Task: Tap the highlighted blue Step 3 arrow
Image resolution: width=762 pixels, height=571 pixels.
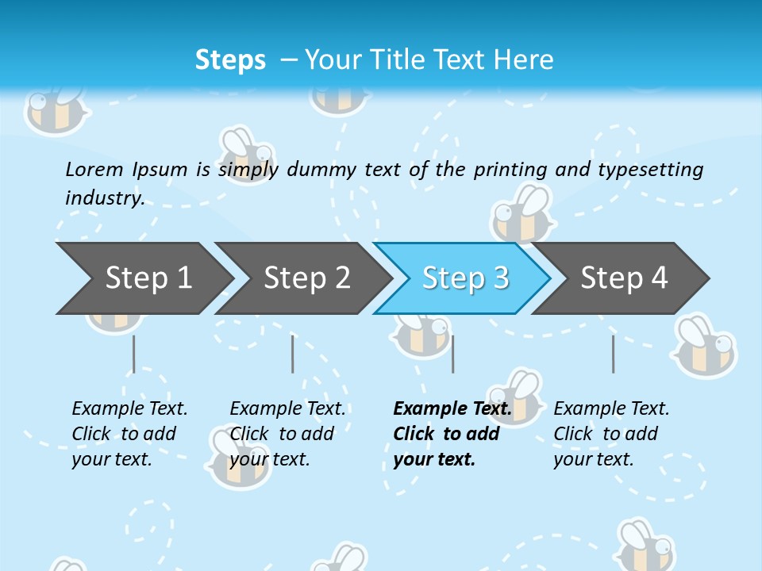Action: click(465, 278)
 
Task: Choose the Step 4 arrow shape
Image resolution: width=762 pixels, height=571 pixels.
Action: click(624, 278)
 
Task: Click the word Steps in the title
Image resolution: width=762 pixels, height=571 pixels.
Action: click(230, 59)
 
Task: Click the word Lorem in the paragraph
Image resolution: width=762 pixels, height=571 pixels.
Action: click(94, 169)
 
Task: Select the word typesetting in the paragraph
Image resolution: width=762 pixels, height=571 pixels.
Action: click(650, 169)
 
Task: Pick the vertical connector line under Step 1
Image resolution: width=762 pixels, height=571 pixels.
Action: click(133, 354)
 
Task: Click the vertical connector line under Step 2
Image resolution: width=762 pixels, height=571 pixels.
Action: click(292, 354)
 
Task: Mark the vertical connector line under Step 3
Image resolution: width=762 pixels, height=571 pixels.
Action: click(452, 354)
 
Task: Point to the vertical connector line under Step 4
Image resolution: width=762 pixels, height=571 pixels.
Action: click(613, 354)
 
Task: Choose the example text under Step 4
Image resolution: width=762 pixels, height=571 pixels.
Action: click(610, 434)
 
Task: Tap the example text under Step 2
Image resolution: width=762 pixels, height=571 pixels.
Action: click(287, 434)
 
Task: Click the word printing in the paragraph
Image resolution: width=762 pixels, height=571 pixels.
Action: click(510, 169)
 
